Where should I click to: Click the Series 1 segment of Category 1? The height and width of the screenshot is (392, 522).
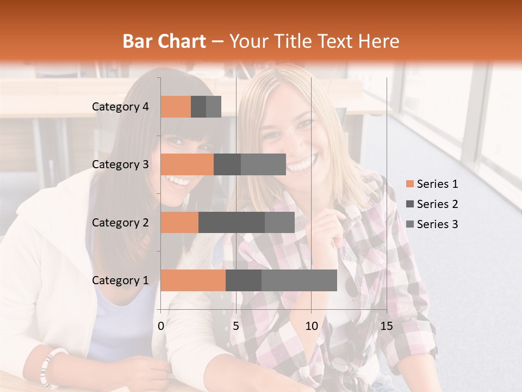coord(193,280)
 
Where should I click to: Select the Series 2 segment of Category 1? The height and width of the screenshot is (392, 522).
coord(244,280)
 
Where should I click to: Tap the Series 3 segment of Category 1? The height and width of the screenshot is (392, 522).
coord(299,280)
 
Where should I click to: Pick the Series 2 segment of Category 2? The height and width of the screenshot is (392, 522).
coord(232,222)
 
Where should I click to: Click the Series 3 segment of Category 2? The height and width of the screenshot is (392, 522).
coord(279,222)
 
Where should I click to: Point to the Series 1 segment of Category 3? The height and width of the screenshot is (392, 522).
coord(187,164)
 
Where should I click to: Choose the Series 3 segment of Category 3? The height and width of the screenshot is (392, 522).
coord(263,164)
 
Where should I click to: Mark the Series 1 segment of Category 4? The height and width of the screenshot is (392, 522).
coord(176,107)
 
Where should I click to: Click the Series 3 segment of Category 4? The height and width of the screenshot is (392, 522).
coord(214,107)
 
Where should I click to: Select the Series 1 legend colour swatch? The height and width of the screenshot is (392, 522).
coord(409,184)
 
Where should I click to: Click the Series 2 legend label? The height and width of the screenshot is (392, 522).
coord(437,204)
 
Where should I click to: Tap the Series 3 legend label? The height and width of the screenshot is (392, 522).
coord(437,224)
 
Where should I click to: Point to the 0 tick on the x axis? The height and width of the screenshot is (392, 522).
coord(161,326)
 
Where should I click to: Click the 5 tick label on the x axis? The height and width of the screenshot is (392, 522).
coord(236,326)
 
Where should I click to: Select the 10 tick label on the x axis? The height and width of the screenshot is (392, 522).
coord(311,326)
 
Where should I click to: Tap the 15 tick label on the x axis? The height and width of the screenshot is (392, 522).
coord(386,326)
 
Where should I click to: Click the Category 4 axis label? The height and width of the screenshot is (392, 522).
coord(120,107)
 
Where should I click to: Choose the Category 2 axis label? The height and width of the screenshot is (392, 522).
coord(120,222)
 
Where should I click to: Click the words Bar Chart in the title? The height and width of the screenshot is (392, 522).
coord(164,41)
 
